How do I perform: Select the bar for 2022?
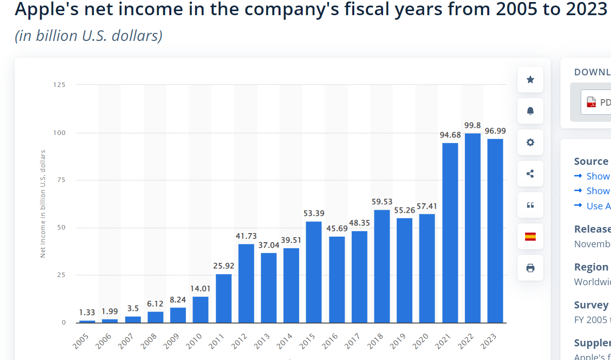click(x=473, y=228)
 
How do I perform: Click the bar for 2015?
click(x=313, y=272)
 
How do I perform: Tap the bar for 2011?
click(x=223, y=298)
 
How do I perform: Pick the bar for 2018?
click(x=382, y=266)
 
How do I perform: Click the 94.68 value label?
click(x=450, y=134)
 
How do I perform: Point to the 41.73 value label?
click(x=246, y=236)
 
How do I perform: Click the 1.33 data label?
click(x=87, y=312)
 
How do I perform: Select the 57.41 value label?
click(x=427, y=206)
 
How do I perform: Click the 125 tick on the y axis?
click(x=59, y=85)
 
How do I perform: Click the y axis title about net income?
click(x=43, y=204)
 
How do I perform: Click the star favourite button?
click(x=530, y=80)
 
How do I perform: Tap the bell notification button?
click(x=530, y=111)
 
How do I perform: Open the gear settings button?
click(x=530, y=143)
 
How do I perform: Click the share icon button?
click(x=530, y=174)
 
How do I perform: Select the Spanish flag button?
click(x=530, y=237)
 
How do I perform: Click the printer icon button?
click(x=530, y=268)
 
